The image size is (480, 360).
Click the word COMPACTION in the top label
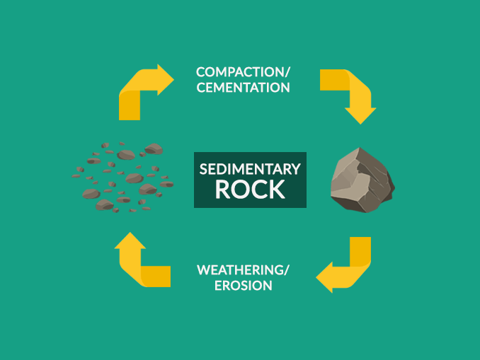[x=239, y=72]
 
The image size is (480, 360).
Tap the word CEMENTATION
[x=244, y=88]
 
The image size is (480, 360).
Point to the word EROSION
[x=244, y=286]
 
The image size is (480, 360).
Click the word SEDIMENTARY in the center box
[x=250, y=170]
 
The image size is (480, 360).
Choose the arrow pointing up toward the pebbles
[x=142, y=262]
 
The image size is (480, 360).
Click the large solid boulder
[x=361, y=181]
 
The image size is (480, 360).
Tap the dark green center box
[x=250, y=180]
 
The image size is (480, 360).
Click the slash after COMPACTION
[x=287, y=72]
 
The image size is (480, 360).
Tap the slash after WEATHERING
[x=287, y=270]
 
